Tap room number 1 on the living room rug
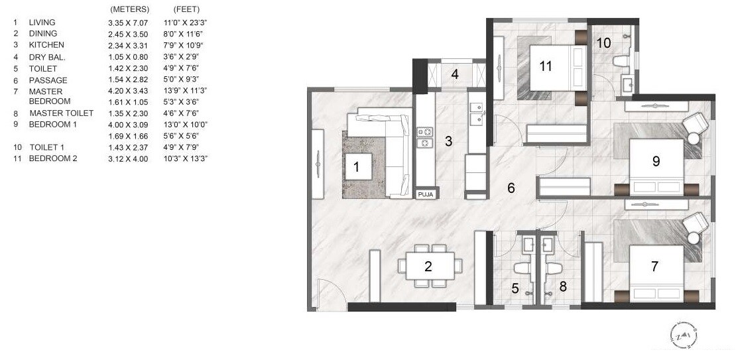pyautogui.click(x=356, y=167)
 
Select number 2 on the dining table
pyautogui.click(x=428, y=267)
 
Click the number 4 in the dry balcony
pyautogui.click(x=455, y=74)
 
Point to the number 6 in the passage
pyautogui.click(x=511, y=188)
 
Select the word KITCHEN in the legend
pyautogui.click(x=46, y=45)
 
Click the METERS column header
pyautogui.click(x=129, y=10)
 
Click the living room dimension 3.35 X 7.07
pyautogui.click(x=129, y=23)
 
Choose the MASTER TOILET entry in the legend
pyautogui.click(x=61, y=113)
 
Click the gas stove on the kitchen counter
pyautogui.click(x=424, y=137)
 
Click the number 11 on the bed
pyautogui.click(x=546, y=66)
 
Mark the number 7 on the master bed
pyautogui.click(x=654, y=267)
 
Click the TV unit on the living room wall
pyautogui.click(x=318, y=164)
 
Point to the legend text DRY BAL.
pyautogui.click(x=46, y=58)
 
